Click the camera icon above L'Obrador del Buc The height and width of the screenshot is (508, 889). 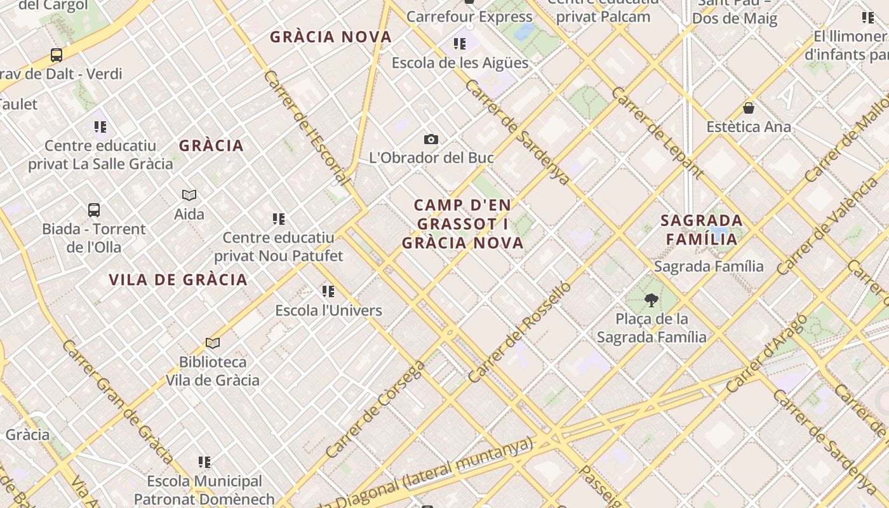point(431,140)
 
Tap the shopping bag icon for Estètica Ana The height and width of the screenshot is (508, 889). point(749,108)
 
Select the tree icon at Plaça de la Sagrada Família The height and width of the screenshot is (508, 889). point(651,300)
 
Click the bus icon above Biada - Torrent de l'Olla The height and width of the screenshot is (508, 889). point(94,210)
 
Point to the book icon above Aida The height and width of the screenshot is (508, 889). point(189,195)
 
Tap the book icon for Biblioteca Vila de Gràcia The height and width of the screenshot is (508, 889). point(213,344)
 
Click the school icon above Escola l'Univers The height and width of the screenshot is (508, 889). point(328,291)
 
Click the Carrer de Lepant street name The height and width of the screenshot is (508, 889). point(657,132)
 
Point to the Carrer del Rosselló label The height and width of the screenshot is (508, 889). point(519,332)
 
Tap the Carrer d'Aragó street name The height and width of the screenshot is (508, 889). point(766,353)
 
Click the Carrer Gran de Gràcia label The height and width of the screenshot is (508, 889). point(118,401)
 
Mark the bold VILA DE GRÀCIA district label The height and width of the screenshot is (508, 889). point(178,280)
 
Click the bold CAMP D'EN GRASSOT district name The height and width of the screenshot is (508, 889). point(463,224)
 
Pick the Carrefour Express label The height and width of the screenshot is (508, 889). point(469,17)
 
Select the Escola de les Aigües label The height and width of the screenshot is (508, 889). point(460,63)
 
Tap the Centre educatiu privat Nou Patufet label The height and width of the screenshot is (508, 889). point(278,246)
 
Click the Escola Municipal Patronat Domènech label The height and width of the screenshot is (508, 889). point(204,490)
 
